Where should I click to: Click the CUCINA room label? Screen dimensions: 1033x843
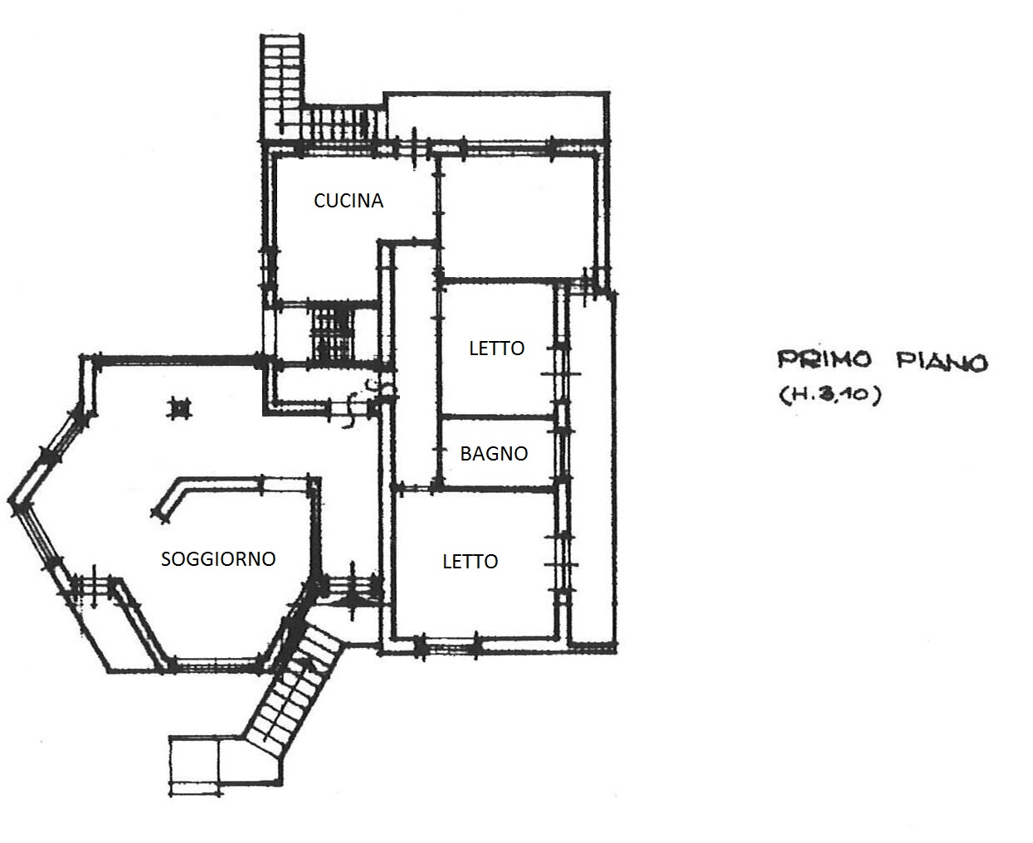[348, 201]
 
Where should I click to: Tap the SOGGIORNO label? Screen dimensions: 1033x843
[218, 559]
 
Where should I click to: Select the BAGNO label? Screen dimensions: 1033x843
[494, 454]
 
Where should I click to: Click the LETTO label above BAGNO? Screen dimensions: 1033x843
[497, 348]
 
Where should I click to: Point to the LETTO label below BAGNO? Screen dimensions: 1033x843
[470, 562]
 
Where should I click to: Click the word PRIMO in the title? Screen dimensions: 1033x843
[825, 359]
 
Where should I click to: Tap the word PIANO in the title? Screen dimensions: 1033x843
[942, 362]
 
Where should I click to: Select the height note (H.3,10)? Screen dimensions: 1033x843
[830, 395]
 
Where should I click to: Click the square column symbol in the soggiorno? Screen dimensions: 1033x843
[179, 408]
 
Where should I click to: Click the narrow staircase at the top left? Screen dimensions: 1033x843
[281, 88]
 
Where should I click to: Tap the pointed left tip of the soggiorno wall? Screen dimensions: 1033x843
[11, 500]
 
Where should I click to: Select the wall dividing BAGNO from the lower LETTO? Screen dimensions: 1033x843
[497, 489]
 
